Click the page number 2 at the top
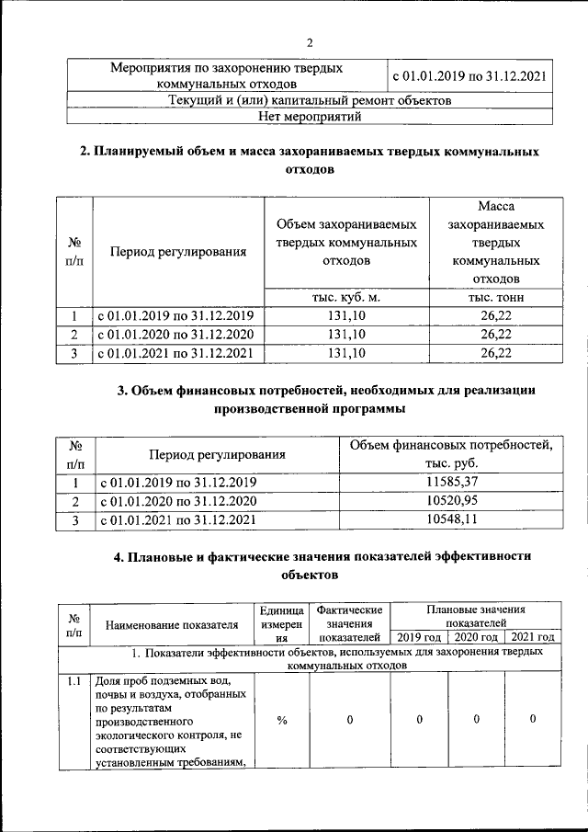pos(310,42)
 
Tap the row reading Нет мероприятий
pos(311,116)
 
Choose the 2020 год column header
pos(476,636)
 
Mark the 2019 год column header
pos(419,636)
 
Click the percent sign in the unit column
pos(282,720)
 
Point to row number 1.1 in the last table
pos(73,681)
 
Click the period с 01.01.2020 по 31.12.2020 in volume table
pos(175,334)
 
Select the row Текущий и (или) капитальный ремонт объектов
pos(311,100)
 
